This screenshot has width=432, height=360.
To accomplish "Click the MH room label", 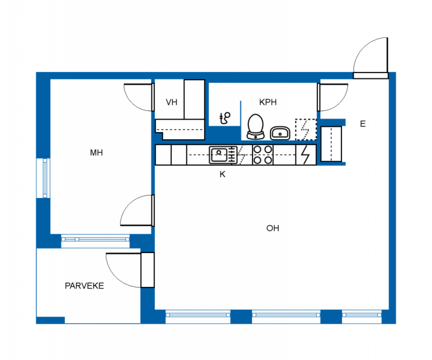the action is point(96,153).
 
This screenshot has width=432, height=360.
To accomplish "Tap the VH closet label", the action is point(172,102).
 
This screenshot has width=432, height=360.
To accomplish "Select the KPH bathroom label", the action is point(268,102).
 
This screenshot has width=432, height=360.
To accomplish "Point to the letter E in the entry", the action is point(363,124).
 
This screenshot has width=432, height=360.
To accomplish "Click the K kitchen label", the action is point(223,174).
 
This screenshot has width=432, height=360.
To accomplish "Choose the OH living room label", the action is point(273,228).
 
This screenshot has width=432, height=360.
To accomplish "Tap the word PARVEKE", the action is point(84,286).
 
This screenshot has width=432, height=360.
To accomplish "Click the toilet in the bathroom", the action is point(256,127).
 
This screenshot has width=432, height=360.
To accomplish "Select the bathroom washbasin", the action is point(280,133).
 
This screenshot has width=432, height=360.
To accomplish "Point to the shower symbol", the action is point(225,118).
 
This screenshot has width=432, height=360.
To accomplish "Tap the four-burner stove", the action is point(263,155).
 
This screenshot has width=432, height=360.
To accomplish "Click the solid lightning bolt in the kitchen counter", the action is point(305,155).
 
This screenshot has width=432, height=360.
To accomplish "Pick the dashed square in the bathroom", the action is point(306,129).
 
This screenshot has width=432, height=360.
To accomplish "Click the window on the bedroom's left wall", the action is point(43,178).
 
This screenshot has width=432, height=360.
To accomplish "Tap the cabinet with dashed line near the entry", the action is point(331,144).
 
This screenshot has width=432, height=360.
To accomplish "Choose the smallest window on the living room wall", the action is point(362,316).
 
